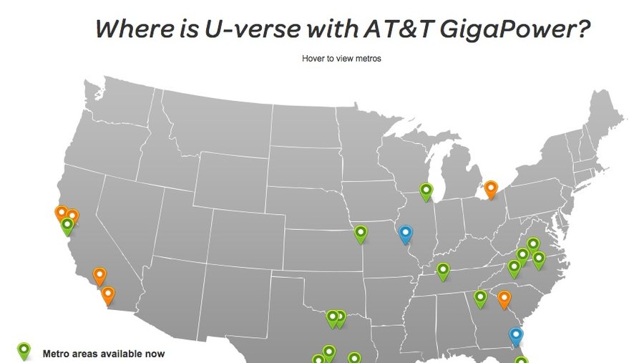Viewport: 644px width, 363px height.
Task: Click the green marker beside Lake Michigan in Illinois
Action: click(x=426, y=190)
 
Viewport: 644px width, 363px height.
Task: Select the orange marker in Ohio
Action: click(x=490, y=189)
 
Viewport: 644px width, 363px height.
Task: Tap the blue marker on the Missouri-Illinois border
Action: click(x=406, y=233)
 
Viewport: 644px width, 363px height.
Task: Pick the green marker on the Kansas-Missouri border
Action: click(x=361, y=233)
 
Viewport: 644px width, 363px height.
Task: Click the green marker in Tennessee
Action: click(x=443, y=271)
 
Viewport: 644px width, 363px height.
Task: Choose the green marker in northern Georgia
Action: click(x=480, y=297)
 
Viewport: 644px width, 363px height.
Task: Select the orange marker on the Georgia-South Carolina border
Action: click(x=504, y=299)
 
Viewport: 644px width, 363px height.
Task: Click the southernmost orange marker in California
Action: click(x=108, y=294)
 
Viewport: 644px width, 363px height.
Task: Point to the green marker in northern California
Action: click(x=67, y=226)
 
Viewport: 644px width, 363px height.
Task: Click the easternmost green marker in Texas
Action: click(x=354, y=357)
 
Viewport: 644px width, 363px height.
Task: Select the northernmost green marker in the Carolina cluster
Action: click(x=533, y=245)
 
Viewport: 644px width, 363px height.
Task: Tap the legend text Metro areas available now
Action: click(x=104, y=354)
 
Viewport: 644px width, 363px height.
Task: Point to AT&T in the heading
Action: click(x=390, y=30)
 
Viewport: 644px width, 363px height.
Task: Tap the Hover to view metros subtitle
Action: click(x=341, y=59)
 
